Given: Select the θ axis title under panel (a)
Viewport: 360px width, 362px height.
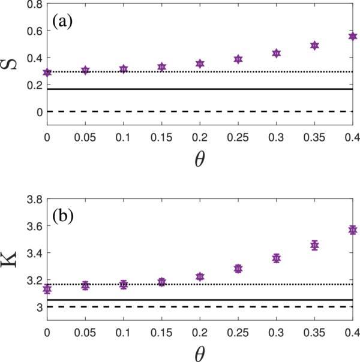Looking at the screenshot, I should [200, 160].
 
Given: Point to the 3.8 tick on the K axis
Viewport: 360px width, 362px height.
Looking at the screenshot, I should [32, 198].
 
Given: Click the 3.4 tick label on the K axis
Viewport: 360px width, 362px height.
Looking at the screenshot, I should [32, 252].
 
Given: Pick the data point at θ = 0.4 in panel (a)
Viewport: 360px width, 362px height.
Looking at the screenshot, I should [353, 37].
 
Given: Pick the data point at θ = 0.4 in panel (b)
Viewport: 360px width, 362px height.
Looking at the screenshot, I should [353, 230].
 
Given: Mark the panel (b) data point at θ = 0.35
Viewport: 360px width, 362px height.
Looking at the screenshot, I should [314, 245].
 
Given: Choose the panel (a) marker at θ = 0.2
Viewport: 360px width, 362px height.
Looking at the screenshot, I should [200, 64].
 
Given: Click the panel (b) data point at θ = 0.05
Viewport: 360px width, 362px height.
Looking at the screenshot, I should [85, 286].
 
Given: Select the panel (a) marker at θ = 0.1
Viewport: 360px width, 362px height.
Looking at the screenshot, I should [124, 69].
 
